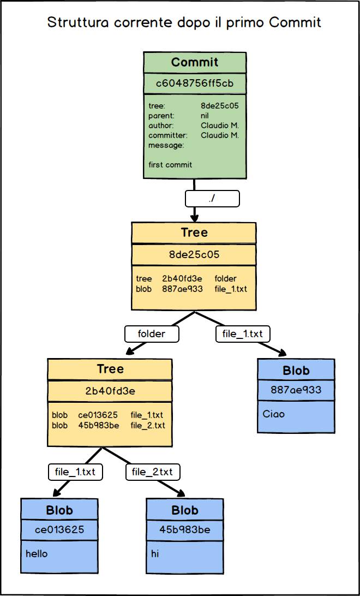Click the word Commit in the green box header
pyautogui.click(x=194, y=62)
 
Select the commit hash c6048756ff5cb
pyautogui.click(x=194, y=84)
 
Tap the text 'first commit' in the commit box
pyautogui.click(x=170, y=164)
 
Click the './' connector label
pyautogui.click(x=212, y=199)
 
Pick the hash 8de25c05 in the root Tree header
pyautogui.click(x=194, y=254)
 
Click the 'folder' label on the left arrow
pyautogui.click(x=152, y=333)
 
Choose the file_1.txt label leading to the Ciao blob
pyautogui.click(x=243, y=333)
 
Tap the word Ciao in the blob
pyautogui.click(x=274, y=414)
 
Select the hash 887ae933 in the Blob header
pyautogui.click(x=296, y=390)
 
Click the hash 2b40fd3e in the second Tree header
pyautogui.click(x=110, y=390)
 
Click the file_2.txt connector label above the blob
pyautogui.click(x=153, y=472)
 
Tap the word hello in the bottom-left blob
pyautogui.click(x=37, y=553)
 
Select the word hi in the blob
pyautogui.click(x=155, y=553)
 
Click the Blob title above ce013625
pyautogui.click(x=59, y=510)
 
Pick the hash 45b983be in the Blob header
pyautogui.click(x=185, y=529)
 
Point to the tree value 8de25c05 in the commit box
pyautogui.click(x=220, y=106)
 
